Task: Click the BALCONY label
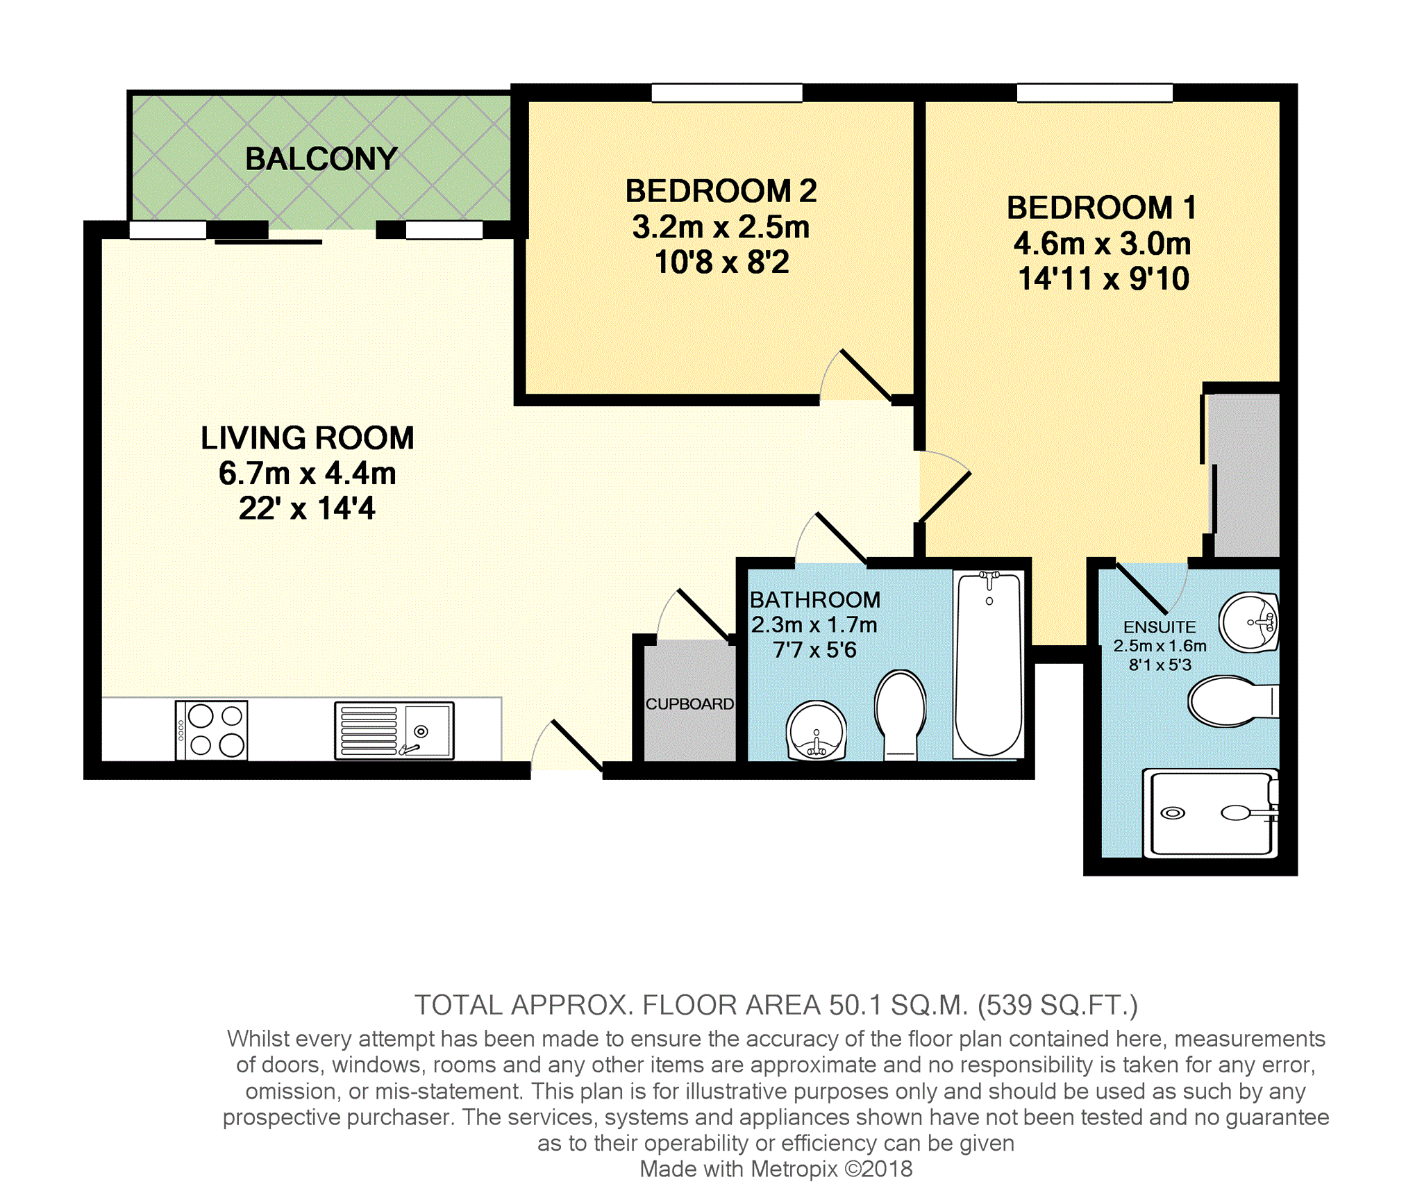tap(321, 159)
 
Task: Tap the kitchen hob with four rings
tap(212, 730)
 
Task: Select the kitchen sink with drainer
tap(394, 730)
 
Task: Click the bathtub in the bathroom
tap(989, 664)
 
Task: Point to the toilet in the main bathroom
tap(901, 715)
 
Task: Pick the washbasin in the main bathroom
tap(817, 731)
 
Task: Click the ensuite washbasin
tap(1250, 622)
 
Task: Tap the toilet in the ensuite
tap(1233, 701)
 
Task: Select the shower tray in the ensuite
tap(1211, 813)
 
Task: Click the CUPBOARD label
tap(689, 704)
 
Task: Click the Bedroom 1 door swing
tap(944, 486)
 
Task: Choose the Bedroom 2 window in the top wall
tap(727, 92)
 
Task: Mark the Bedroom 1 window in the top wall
tap(1095, 92)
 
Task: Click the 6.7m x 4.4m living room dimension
tap(308, 474)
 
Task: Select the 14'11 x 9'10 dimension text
tap(1104, 279)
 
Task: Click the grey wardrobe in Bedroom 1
tap(1244, 475)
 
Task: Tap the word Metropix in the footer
tap(794, 1169)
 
